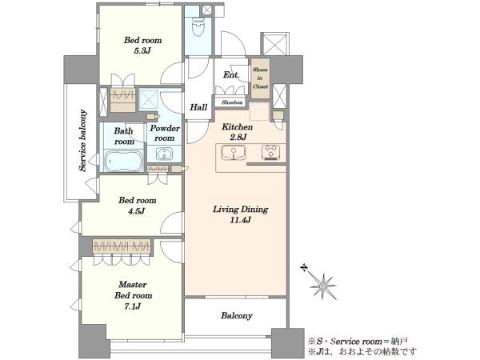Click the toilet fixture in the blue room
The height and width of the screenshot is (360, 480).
198,26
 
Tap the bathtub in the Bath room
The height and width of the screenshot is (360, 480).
124,161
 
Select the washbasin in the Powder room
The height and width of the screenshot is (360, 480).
164,154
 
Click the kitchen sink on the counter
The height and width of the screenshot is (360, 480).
234,153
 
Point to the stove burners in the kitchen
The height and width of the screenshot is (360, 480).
270,152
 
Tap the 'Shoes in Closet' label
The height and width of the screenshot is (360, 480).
260,78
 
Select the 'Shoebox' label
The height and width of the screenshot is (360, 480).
232,102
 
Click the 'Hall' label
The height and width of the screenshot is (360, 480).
198,107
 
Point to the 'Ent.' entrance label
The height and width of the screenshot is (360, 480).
231,74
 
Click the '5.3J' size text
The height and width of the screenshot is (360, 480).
142,51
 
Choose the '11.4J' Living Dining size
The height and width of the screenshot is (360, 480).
240,220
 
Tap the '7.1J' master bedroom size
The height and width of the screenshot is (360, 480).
132,306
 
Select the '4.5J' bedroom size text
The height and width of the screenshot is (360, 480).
136,211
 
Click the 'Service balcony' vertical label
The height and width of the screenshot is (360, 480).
82,140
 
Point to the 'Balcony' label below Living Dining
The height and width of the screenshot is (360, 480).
237,316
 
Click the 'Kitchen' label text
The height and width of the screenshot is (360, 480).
238,126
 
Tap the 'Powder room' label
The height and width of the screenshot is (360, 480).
164,133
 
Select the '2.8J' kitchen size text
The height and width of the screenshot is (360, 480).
238,137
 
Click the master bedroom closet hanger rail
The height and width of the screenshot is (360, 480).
122,246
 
